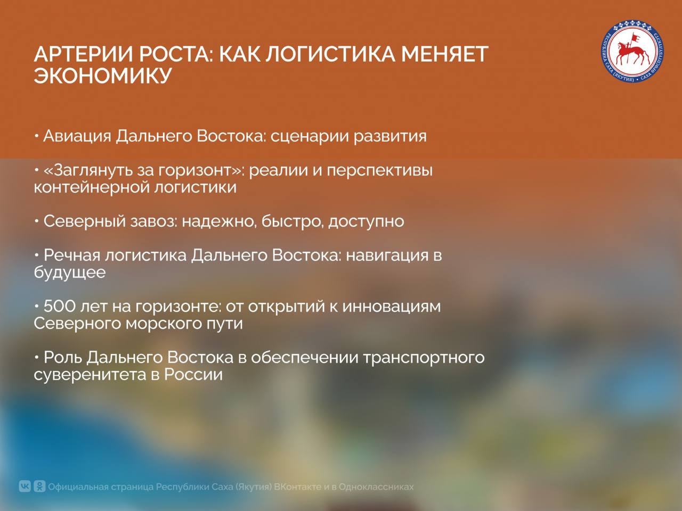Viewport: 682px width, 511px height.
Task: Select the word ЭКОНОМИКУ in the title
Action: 103,76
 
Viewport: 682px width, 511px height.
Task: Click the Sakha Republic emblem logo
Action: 632,52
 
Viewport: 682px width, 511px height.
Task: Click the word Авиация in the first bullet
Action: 77,136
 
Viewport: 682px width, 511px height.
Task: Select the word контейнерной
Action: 92,187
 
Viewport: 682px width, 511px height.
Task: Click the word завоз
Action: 153,221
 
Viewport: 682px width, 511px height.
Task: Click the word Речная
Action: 72,256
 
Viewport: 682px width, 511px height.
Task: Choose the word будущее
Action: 70,273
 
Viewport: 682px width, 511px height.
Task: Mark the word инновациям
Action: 392,307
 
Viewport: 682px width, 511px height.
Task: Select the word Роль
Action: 63,357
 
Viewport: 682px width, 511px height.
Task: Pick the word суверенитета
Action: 90,375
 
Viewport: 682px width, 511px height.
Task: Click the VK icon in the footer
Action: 25,486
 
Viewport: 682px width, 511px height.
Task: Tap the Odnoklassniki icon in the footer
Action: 40,486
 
